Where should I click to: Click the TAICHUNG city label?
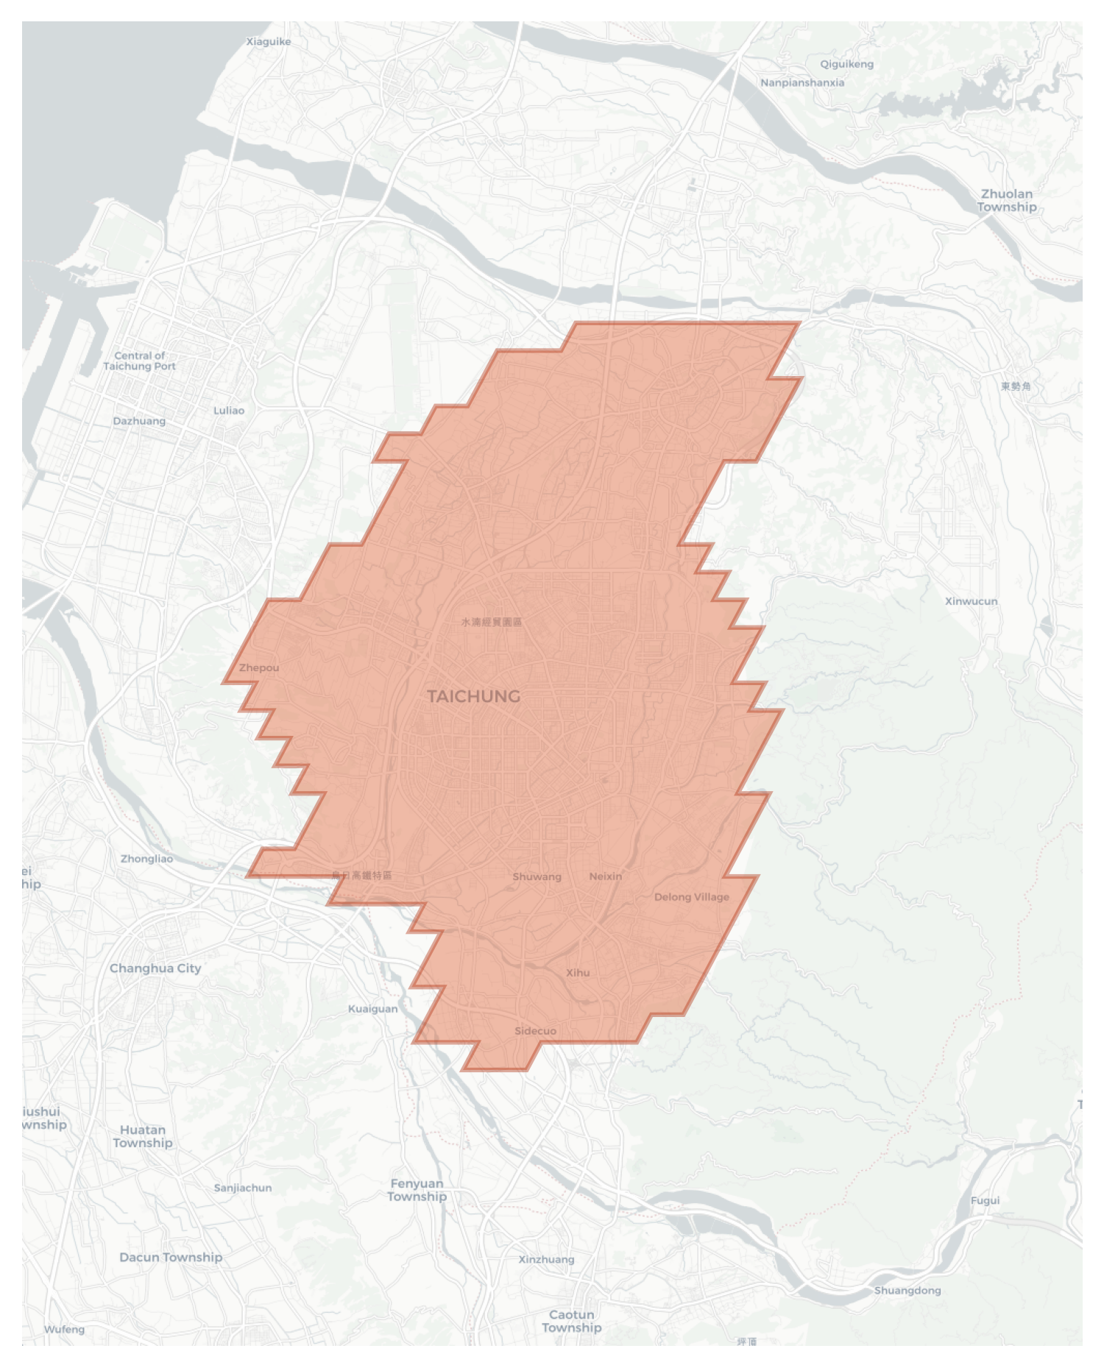point(473,696)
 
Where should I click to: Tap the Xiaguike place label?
point(269,42)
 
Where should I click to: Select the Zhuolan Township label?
point(1007,200)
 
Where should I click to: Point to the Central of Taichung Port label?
point(139,361)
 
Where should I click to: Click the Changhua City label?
point(155,968)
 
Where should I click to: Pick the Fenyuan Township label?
point(417,1190)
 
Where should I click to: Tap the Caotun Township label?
point(572,1321)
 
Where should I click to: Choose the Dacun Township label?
point(171,1257)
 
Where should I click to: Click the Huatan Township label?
point(143,1136)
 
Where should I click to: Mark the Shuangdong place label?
point(907,1290)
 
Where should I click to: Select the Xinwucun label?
point(971,601)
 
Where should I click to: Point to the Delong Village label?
point(692,897)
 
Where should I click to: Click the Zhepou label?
point(259,668)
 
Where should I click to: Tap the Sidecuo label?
point(535,1031)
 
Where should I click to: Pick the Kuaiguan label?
point(373,1009)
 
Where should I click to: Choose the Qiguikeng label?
point(847,64)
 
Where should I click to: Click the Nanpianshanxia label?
point(802,82)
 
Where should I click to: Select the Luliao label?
point(229,411)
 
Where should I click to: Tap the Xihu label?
point(578,973)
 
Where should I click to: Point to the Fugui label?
point(985,1200)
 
